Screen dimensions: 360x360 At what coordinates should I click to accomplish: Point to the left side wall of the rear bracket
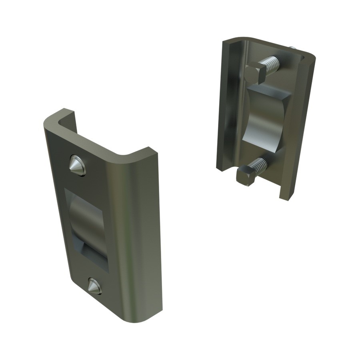point(226,108)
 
